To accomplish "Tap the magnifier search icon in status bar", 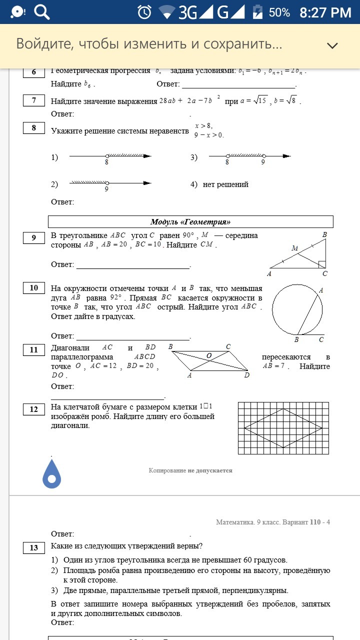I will pos(41,12).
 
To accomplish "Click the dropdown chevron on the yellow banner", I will pos(332,45).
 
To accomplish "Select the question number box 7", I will pos(34,100).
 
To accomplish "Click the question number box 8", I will pos(34,128).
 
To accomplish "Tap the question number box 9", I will pos(34,238).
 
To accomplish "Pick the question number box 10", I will pos(34,287).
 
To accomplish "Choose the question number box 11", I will pos(34,350).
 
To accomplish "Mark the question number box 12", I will pos(34,409).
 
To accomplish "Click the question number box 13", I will pos(34,547).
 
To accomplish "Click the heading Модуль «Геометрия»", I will pos(190,222).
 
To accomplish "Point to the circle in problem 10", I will pos(297,309).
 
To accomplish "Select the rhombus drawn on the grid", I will pos(283,428).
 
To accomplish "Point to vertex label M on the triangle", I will pos(295,248).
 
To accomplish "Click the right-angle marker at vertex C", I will pos(322,264).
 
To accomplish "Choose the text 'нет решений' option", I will pos(225,184).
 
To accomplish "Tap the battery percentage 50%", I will pos(279,12).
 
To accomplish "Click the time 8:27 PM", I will pos(325,12).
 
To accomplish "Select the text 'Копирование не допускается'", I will pos(190,470).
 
